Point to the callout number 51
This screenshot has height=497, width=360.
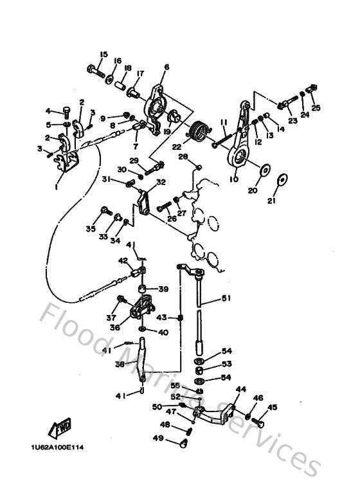[x=226, y=298]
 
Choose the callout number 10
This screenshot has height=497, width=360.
[x=233, y=180]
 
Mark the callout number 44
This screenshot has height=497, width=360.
[x=241, y=390]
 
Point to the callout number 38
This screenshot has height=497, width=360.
[x=119, y=363]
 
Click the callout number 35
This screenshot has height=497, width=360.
[x=91, y=228]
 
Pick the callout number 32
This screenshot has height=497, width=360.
[x=160, y=182]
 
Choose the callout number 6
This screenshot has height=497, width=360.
[x=166, y=67]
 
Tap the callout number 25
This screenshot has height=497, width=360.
[x=316, y=107]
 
